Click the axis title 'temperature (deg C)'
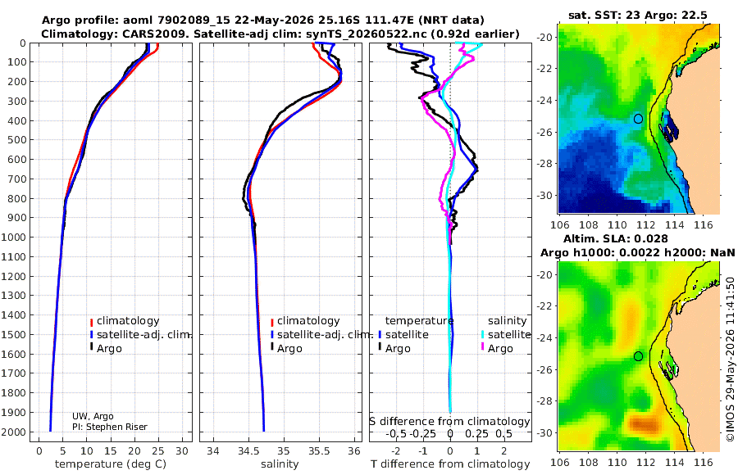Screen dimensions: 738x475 [x=111, y=464]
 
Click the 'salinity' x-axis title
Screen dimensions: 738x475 [x=280, y=464]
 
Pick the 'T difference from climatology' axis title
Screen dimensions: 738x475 [x=450, y=464]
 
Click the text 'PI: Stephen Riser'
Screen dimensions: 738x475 [x=110, y=427]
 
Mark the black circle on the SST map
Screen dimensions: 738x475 [x=638, y=119]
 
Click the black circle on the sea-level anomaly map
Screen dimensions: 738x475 [x=638, y=356]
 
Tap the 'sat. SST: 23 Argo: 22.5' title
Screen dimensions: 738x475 [x=638, y=16]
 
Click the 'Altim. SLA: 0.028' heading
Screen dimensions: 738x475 [x=616, y=239]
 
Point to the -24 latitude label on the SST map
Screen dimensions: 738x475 [x=545, y=100]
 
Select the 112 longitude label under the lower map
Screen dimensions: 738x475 [x=646, y=462]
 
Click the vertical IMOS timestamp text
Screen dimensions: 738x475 [x=731, y=360]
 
